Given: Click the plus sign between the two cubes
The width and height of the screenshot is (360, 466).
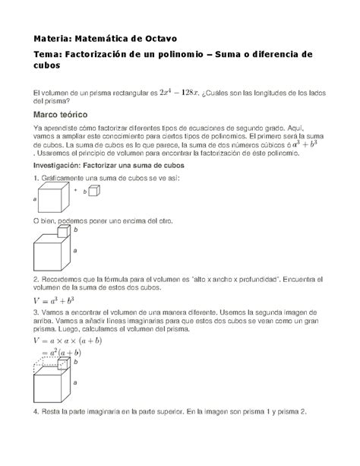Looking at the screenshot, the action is click(75, 192).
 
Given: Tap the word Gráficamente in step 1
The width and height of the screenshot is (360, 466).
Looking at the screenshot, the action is click(61, 177).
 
